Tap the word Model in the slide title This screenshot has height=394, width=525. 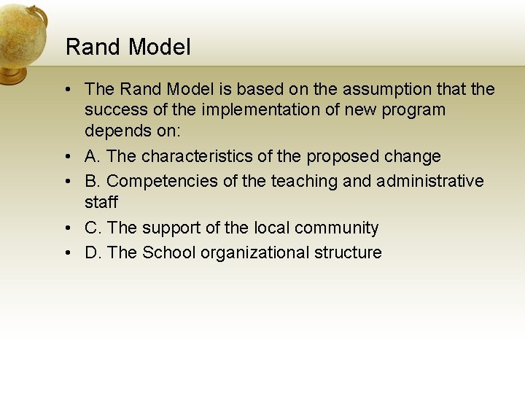click(x=158, y=47)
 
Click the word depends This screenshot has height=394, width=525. click(x=115, y=131)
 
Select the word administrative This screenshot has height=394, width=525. click(x=430, y=181)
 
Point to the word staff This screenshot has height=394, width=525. click(x=101, y=202)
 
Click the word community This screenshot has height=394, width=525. click(x=335, y=228)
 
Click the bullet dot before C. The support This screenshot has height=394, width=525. click(x=66, y=228)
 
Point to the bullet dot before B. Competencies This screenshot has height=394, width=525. click(x=66, y=181)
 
